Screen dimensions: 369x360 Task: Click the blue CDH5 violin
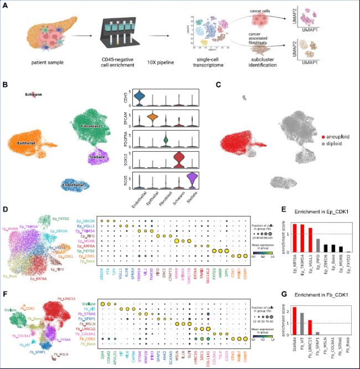click(x=140, y=98)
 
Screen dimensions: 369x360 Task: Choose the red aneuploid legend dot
click(x=323, y=135)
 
